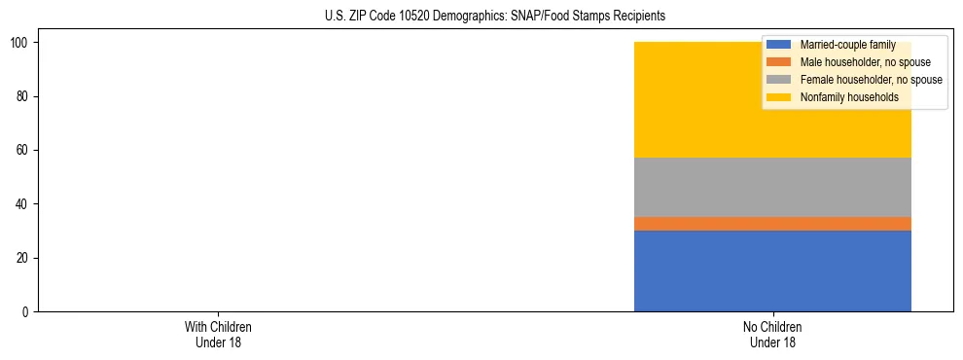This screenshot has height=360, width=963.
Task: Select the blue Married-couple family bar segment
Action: [772, 270]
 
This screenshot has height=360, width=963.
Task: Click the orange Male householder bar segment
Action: [772, 224]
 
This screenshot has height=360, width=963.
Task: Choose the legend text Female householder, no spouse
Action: [871, 80]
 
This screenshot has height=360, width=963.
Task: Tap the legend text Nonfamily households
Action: [849, 97]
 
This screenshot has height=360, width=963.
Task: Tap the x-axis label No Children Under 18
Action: [772, 335]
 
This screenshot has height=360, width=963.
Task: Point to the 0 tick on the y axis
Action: [26, 311]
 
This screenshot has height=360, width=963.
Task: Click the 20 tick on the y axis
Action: [23, 258]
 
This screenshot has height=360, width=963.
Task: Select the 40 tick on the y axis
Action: [23, 204]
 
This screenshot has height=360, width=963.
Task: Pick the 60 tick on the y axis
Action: [23, 150]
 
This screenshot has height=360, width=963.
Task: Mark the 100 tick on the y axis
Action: [20, 43]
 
